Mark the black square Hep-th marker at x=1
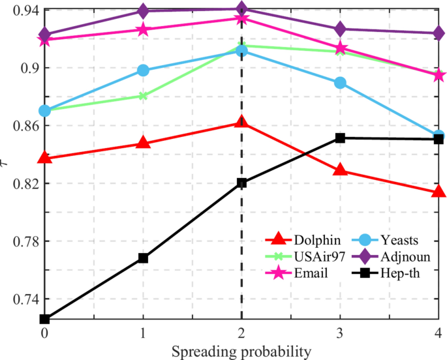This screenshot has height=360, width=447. (x=143, y=258)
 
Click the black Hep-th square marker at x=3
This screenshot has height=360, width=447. (x=340, y=138)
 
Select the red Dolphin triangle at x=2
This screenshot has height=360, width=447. (x=241, y=122)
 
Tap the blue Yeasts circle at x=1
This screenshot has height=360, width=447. (x=143, y=70)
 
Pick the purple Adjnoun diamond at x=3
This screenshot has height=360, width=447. (x=340, y=29)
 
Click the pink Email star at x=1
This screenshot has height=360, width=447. (x=143, y=30)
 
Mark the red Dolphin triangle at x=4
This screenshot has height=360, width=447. (x=439, y=192)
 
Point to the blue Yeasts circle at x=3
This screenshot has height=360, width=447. (x=340, y=83)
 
